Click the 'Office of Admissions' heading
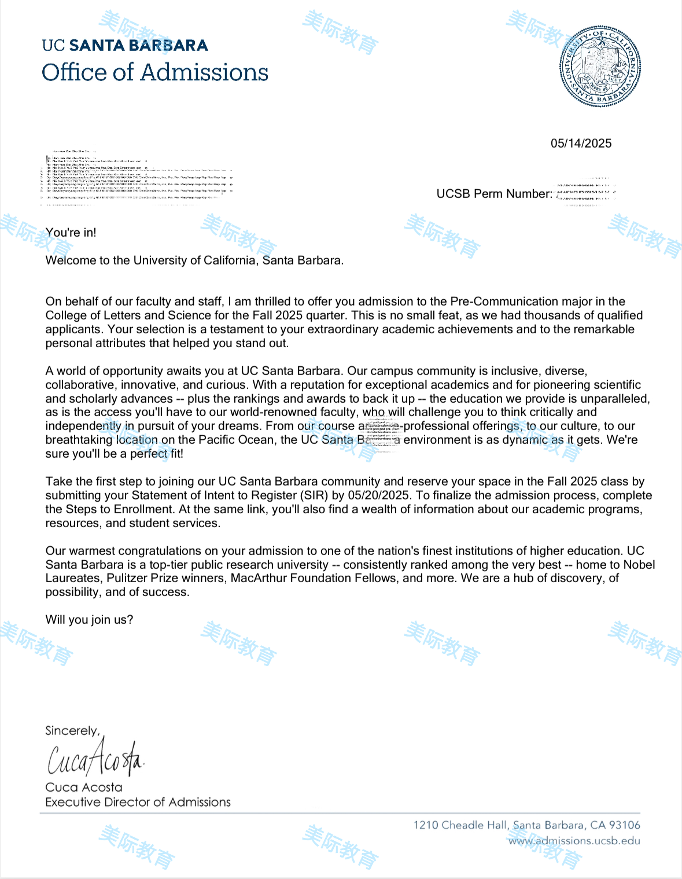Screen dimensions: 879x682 tap(155, 72)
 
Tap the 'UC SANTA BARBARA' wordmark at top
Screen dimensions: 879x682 tap(125, 45)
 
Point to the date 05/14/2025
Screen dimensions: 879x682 tap(581, 144)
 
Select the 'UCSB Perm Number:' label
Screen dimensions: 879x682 tap(494, 194)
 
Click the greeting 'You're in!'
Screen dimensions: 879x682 tap(71, 233)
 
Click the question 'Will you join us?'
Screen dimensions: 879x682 tap(89, 620)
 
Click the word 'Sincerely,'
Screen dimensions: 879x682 tap(72, 731)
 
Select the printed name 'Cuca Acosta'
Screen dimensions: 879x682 tap(84, 788)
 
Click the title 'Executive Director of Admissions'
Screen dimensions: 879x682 tap(138, 802)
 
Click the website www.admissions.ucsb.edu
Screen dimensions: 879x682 tap(574, 841)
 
